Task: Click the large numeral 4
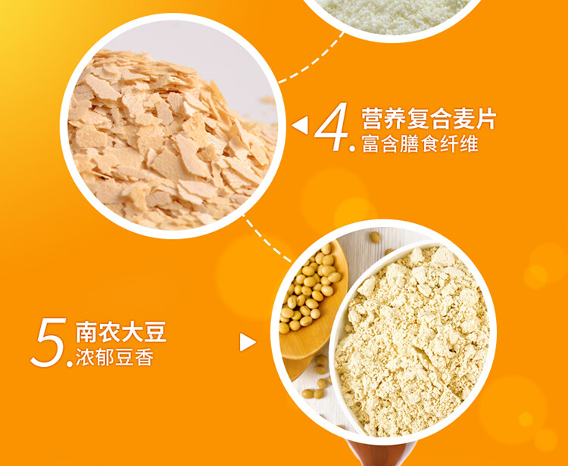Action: point(332,126)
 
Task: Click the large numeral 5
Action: point(48,342)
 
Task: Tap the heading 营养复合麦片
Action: point(429,118)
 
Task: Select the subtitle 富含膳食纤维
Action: point(420,144)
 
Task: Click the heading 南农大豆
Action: point(121,332)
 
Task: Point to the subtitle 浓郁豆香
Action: point(115,358)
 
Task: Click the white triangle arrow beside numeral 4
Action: point(300,125)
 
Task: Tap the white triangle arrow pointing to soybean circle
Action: point(248,342)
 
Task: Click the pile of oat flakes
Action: point(170,141)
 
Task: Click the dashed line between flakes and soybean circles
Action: point(267,239)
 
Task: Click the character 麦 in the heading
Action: point(463,118)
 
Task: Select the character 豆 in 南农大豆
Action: point(155,332)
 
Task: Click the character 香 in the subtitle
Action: point(145,358)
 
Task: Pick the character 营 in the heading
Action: point(373,118)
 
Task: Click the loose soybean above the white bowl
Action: point(375,238)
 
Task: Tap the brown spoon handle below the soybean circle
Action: point(380,453)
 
